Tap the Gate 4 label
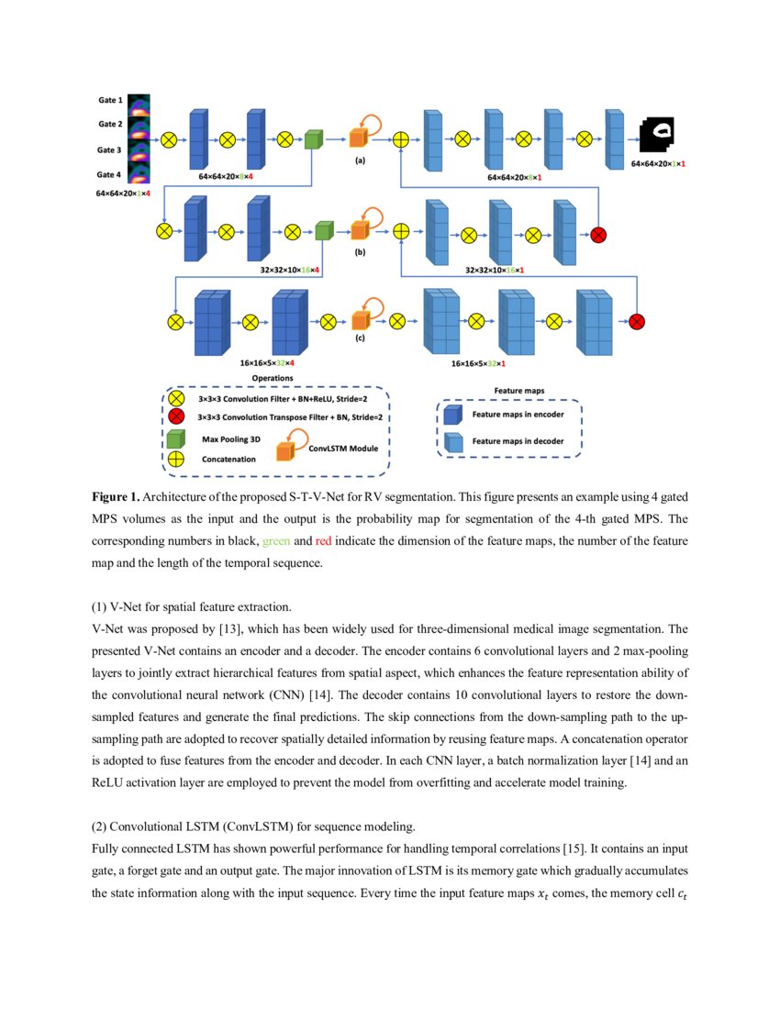tap(110, 174)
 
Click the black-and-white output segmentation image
tap(657, 138)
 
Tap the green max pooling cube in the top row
tap(314, 139)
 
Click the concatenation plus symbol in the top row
tap(400, 139)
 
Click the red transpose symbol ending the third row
tap(637, 322)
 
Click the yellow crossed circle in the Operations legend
tap(176, 399)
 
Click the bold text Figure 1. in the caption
tap(116, 496)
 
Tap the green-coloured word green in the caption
tap(276, 541)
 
